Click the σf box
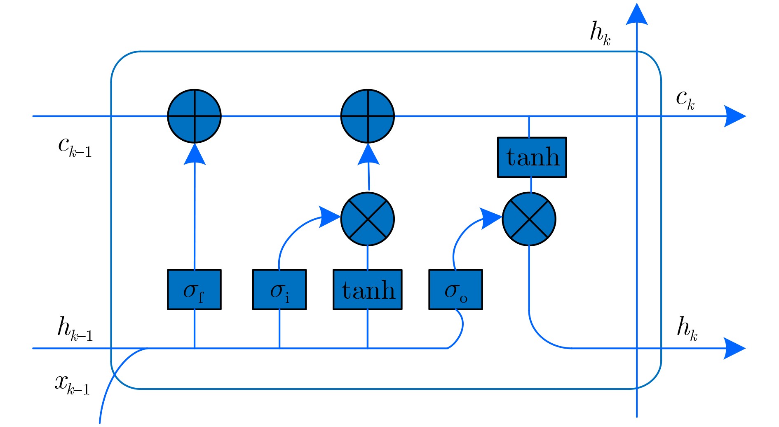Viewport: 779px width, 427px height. click(194, 290)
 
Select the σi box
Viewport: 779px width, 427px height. click(279, 290)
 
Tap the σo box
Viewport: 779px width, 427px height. click(455, 290)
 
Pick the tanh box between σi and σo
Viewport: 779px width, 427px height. click(368, 290)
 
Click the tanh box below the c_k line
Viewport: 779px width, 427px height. click(532, 157)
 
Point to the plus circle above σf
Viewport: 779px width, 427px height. click(194, 116)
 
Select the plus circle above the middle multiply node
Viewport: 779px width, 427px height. click(368, 116)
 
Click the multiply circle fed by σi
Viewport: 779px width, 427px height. click(368, 219)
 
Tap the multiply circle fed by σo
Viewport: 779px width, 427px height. click(529, 219)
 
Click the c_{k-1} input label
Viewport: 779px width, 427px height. click(75, 146)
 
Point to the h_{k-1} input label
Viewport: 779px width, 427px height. click(75, 329)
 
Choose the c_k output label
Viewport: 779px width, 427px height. click(685, 99)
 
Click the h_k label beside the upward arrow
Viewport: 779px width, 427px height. click(600, 33)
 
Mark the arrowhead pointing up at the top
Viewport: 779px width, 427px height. click(637, 14)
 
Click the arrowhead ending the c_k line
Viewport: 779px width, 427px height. click(735, 116)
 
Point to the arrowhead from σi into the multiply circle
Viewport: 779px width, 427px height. click(330, 217)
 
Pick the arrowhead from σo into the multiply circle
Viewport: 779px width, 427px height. click(491, 218)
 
